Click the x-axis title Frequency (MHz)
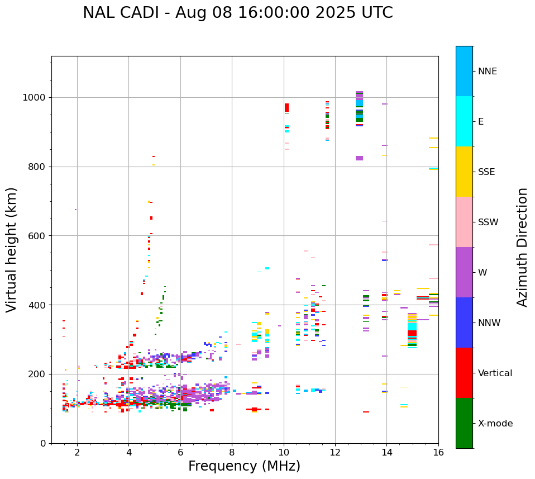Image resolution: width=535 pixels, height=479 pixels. (244, 466)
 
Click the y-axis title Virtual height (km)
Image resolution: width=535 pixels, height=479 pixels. (12, 250)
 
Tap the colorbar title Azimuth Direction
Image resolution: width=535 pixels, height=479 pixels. (522, 247)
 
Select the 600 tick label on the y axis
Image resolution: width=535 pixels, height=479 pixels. (37, 236)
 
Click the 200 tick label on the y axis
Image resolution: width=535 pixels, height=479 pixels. (37, 374)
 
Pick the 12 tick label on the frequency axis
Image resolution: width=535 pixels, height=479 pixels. (335, 452)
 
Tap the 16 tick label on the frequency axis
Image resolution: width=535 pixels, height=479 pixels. (438, 452)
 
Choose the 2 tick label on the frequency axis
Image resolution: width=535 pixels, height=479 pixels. (77, 452)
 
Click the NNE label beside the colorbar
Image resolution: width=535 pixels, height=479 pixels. (488, 72)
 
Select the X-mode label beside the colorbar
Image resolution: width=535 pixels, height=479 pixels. (495, 424)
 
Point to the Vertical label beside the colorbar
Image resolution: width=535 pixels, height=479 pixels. (496, 373)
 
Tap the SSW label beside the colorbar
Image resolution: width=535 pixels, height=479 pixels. (488, 222)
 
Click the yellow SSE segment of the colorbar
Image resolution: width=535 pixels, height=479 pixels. (464, 172)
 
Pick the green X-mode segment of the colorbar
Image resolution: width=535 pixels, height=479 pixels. (464, 423)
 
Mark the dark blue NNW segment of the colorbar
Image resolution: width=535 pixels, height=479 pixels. (464, 323)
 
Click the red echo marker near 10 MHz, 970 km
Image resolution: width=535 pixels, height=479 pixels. (286, 107)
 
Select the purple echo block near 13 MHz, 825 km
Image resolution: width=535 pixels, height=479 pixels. (359, 158)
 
